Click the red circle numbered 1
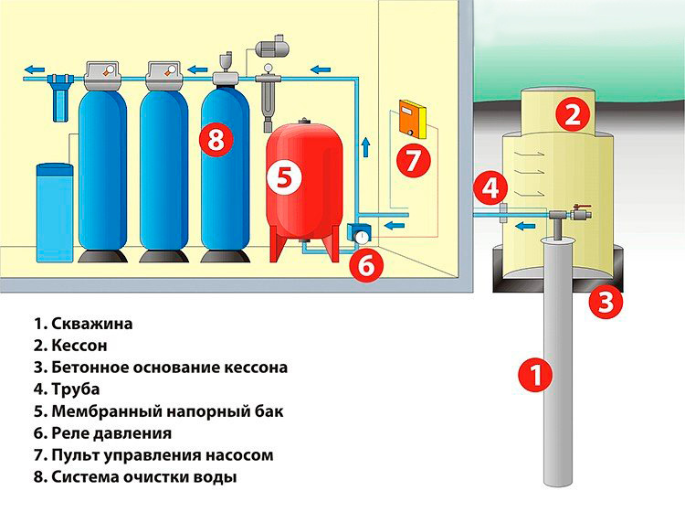click(536, 374)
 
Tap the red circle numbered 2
click(573, 115)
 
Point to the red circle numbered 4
click(491, 189)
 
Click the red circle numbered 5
click(285, 177)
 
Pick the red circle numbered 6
click(365, 265)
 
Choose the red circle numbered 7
click(414, 160)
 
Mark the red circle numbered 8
click(216, 140)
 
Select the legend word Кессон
click(83, 346)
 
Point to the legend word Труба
click(79, 389)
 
